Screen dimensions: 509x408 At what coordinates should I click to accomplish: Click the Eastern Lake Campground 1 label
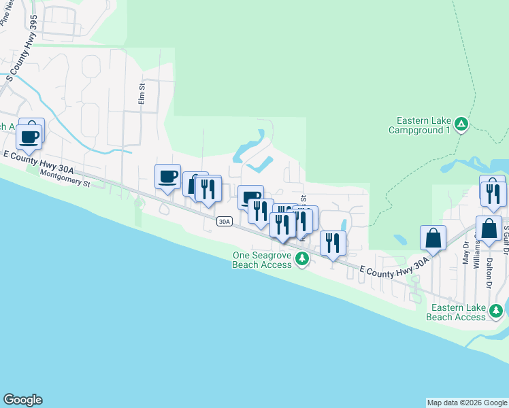419,125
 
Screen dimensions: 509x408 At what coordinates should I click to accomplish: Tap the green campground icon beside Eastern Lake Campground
461,124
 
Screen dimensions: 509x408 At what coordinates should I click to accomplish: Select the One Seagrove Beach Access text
263,260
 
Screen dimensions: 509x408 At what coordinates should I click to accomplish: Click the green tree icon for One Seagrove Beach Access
303,258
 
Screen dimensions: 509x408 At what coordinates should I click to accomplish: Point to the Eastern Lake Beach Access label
456,312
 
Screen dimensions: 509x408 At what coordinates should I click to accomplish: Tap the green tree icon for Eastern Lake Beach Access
497,311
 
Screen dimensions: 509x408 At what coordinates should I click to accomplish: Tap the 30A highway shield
225,222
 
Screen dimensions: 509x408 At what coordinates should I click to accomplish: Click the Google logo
22,400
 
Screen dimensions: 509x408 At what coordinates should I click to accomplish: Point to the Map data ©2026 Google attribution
466,403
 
